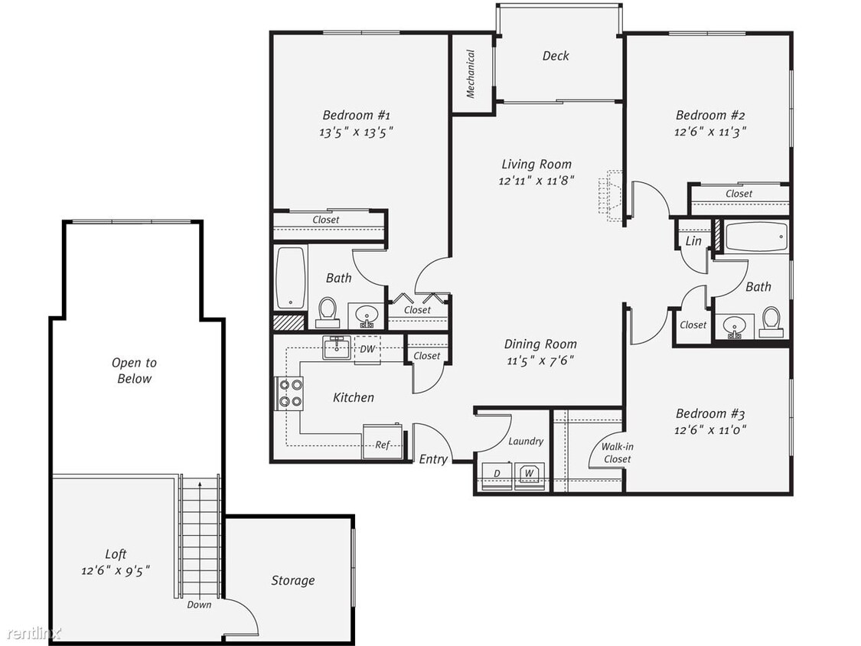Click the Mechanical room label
pos(471,73)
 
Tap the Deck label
pos(556,55)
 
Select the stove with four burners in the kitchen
pos(289,393)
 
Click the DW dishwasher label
pos(367,349)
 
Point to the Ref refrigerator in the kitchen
pos(382,441)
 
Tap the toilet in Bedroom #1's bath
pos(328,312)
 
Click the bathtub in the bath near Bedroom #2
pos(757,237)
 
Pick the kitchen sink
pos(336,347)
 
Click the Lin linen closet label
pos(693,240)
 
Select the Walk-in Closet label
pos(617,452)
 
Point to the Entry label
pos(433,459)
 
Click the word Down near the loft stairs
pos(199,604)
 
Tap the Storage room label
pos(292,581)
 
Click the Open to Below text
pos(134,370)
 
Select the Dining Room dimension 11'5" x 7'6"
pos(540,361)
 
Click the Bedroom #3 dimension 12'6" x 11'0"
pos(710,429)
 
